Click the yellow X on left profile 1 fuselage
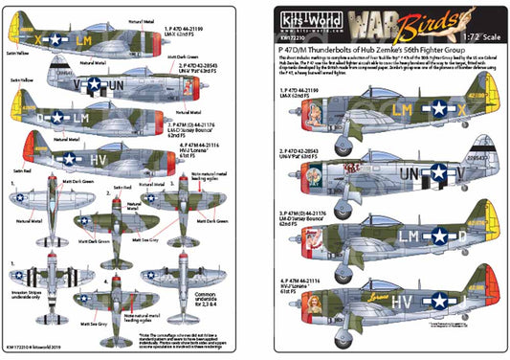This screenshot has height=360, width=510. tap(39, 42)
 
